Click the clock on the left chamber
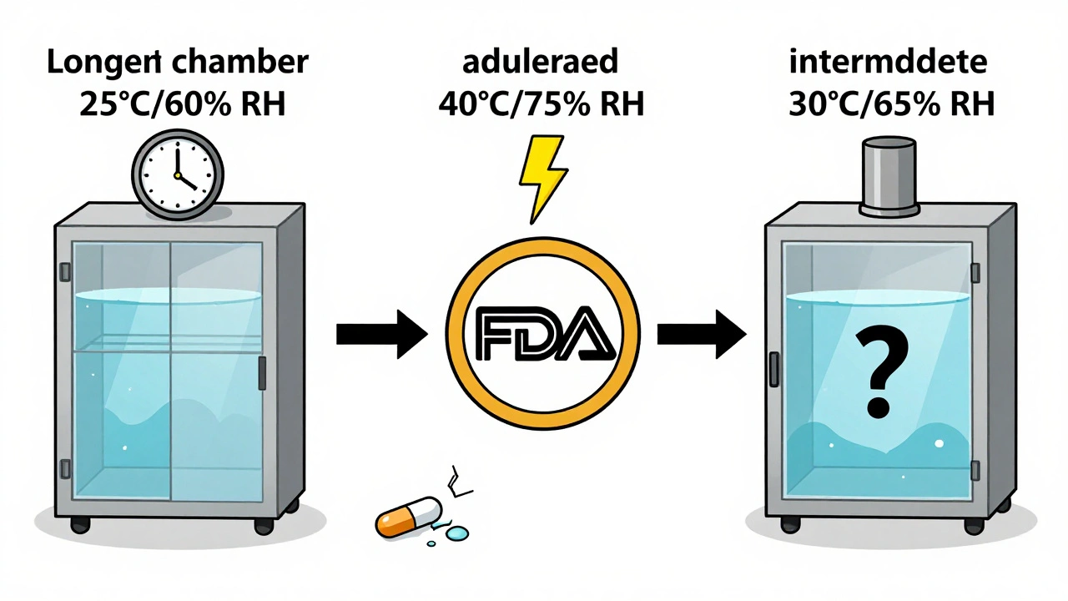pyautogui.click(x=178, y=174)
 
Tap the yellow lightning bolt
pyautogui.click(x=542, y=177)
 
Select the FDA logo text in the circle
pyautogui.click(x=542, y=336)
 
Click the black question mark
pyautogui.click(x=875, y=372)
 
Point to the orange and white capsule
pyautogui.click(x=408, y=515)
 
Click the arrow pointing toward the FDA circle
pyautogui.click(x=380, y=335)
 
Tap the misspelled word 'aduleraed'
pyautogui.click(x=541, y=64)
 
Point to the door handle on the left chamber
pyautogui.click(x=262, y=373)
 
